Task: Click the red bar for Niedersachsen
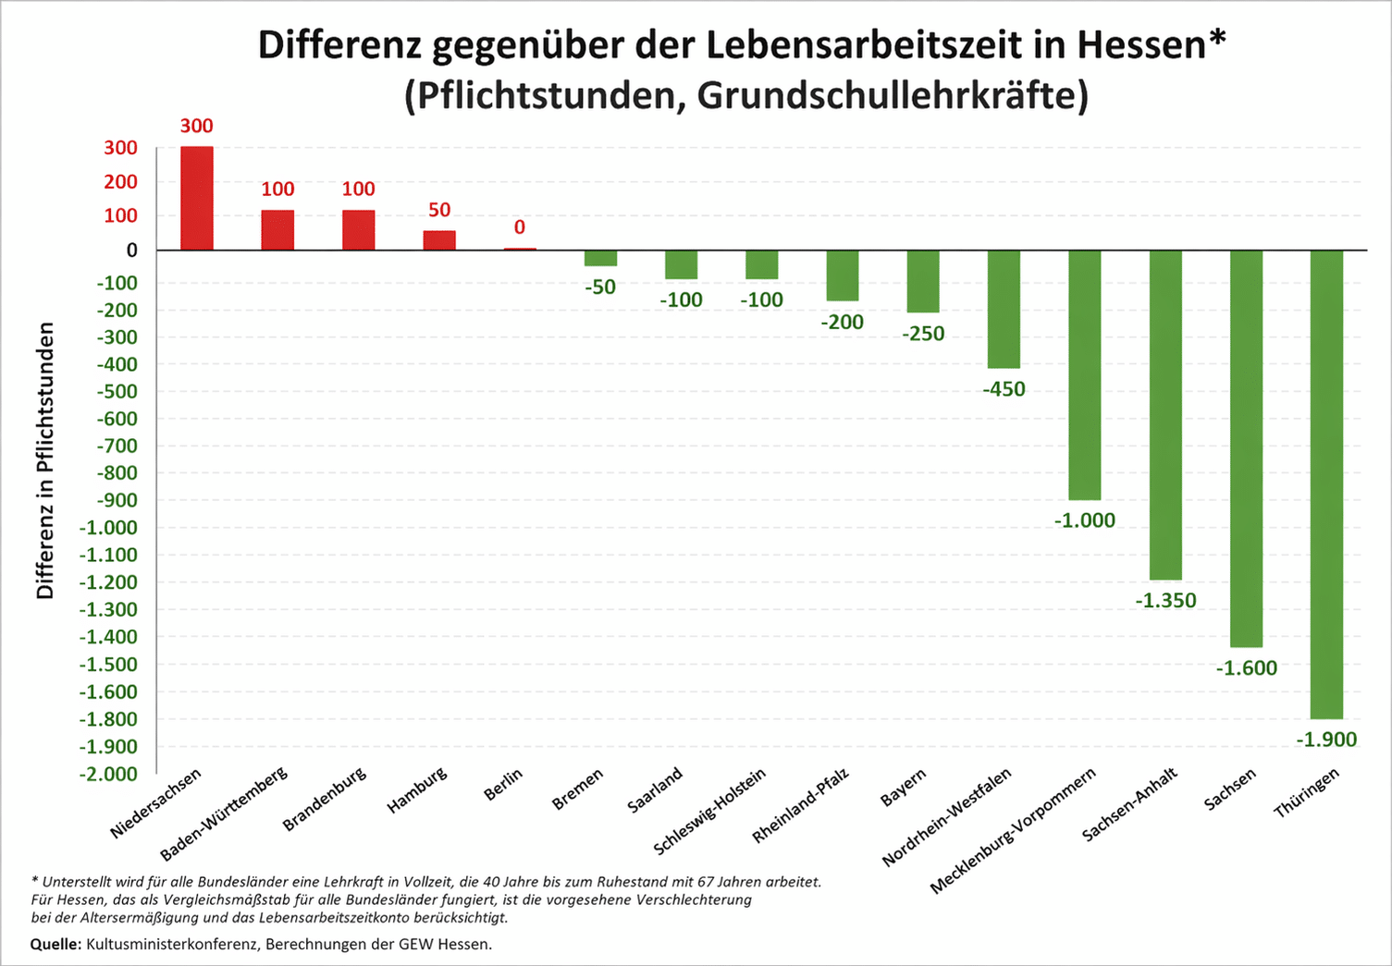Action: (x=197, y=198)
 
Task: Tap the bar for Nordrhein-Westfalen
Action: (x=1004, y=309)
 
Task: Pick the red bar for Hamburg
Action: (x=439, y=240)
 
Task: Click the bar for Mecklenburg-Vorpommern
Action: (x=1084, y=374)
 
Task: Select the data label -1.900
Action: (x=1325, y=740)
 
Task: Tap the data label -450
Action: (x=1004, y=389)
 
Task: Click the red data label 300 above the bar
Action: (x=196, y=126)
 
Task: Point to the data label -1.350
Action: (x=1165, y=601)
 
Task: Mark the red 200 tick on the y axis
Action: (x=120, y=182)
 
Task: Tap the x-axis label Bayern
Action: (x=903, y=788)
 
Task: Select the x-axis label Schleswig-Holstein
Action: (x=710, y=812)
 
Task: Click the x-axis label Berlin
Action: (x=504, y=785)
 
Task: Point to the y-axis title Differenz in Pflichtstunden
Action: (x=45, y=460)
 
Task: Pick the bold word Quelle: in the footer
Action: (x=56, y=944)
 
